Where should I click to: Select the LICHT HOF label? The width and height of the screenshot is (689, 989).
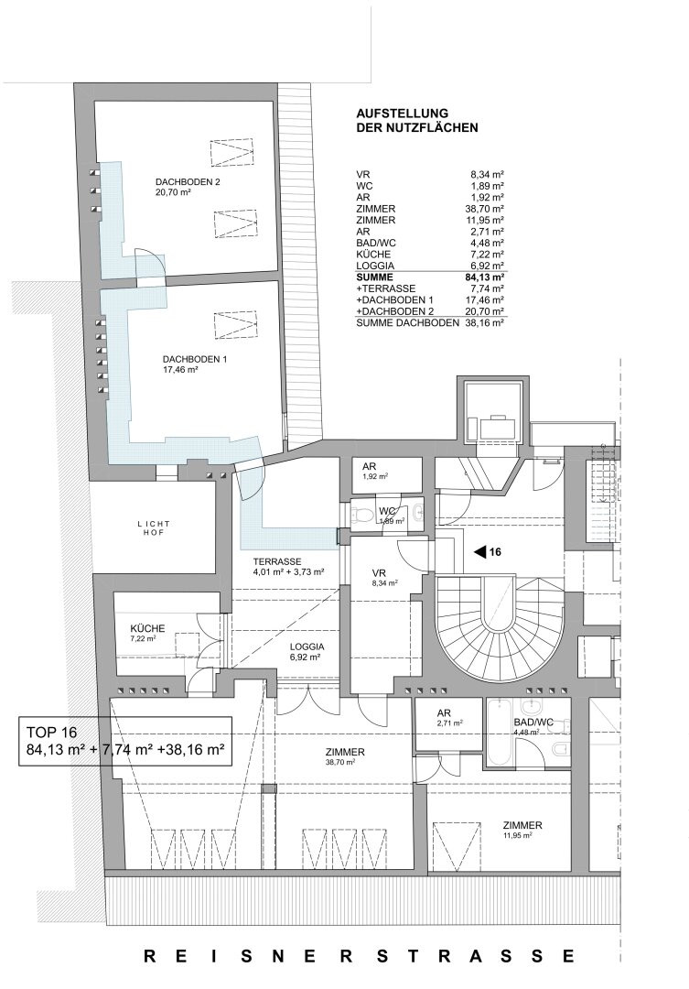point(154,528)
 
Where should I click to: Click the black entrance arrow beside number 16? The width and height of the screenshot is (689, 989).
point(480,552)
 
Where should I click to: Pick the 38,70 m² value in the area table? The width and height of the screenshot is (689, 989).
point(485,209)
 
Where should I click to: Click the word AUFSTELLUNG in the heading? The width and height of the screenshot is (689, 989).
point(403,114)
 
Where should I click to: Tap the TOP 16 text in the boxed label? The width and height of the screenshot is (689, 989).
point(51,733)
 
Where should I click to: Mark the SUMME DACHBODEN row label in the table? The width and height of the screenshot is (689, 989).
point(407,322)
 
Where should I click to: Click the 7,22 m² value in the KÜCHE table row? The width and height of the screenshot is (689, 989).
point(487,255)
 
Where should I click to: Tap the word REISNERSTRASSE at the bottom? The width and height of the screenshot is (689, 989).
point(360,955)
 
